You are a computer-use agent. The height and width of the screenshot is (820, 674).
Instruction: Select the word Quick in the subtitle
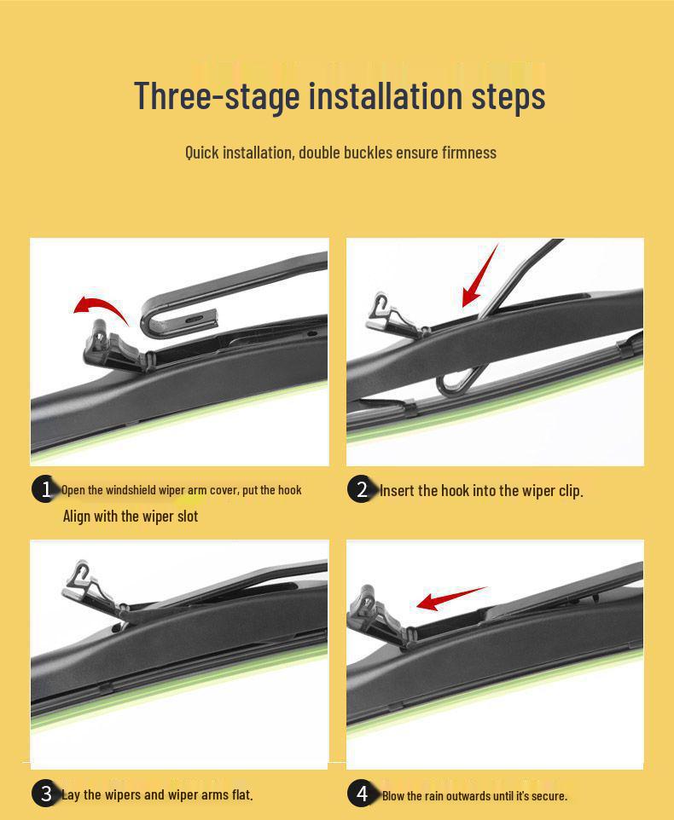201,153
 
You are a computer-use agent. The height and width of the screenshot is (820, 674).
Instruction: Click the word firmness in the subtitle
469,153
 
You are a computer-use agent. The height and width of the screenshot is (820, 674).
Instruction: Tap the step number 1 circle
45,489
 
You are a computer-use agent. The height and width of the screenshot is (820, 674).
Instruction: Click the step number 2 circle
362,489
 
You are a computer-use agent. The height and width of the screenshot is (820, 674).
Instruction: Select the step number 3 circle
45,794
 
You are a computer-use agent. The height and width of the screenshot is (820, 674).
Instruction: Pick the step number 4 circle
362,794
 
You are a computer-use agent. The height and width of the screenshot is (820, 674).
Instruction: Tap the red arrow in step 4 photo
451,598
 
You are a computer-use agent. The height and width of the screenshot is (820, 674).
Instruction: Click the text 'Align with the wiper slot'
131,517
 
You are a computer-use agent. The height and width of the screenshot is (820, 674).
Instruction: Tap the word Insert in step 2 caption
397,490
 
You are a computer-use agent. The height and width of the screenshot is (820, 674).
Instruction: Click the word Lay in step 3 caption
71,795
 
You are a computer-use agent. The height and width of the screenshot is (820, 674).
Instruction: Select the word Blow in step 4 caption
393,796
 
